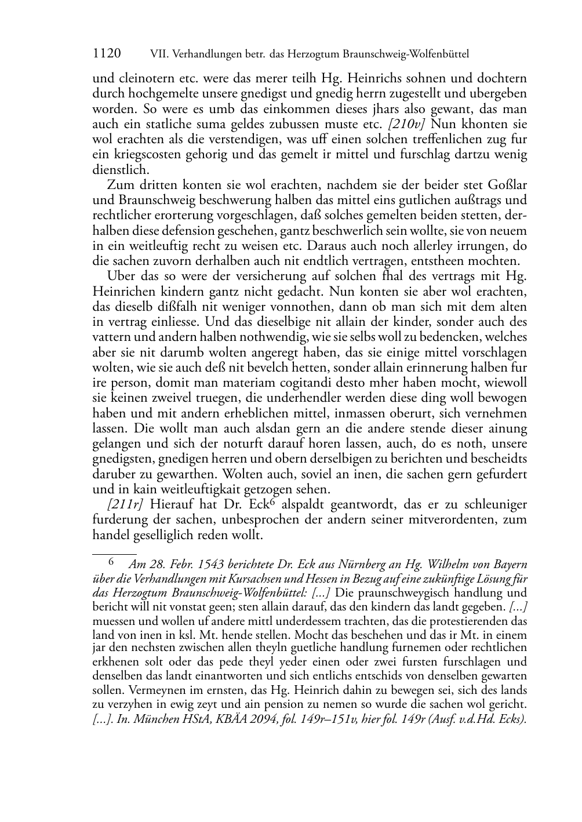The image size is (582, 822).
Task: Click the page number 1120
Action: point(107,54)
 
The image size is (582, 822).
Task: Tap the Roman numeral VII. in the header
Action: point(159,54)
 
